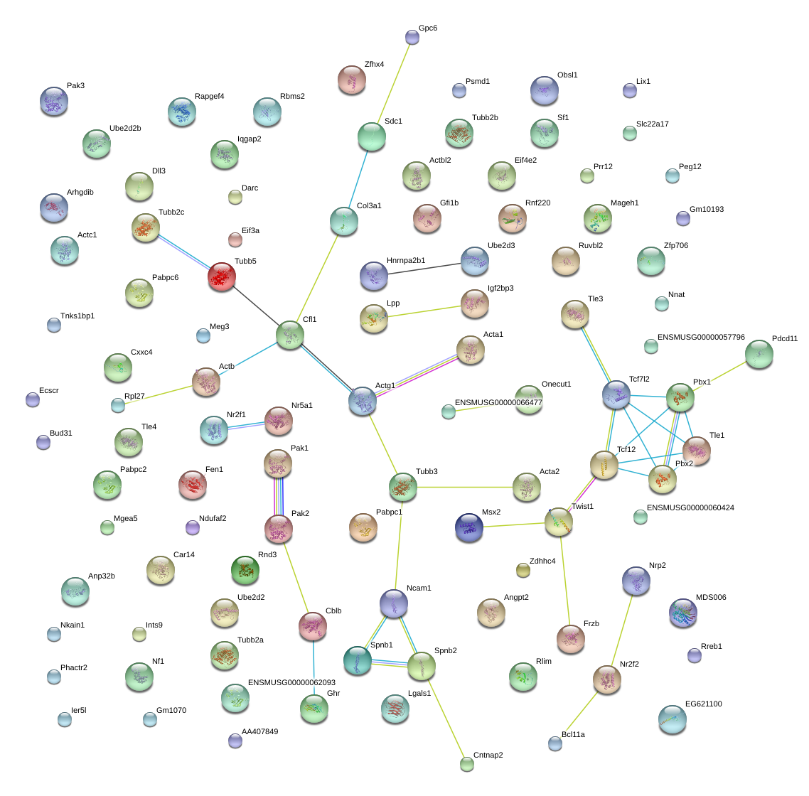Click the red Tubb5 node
[x=222, y=276]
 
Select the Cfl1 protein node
[x=290, y=335]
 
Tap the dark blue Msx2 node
[x=469, y=527]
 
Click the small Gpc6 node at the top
[x=412, y=37]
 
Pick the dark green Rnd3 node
[x=245, y=570]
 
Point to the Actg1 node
[x=362, y=401]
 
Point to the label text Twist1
[x=582, y=506]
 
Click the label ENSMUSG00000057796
[x=701, y=337]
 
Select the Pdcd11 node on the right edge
[x=759, y=355]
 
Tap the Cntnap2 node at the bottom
[x=467, y=764]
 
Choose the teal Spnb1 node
[x=357, y=660]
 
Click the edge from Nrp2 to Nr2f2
[x=622, y=630]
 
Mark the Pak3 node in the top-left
[x=53, y=101]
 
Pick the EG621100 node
[x=673, y=719]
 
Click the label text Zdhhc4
[x=542, y=561]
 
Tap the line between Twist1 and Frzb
[x=565, y=581]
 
